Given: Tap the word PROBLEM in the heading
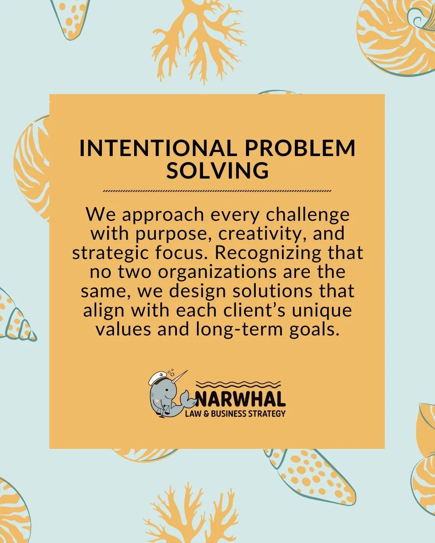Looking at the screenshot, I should pos(300,148).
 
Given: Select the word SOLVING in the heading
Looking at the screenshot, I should pos(217,170).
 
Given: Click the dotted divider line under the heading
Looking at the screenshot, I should pos(217,191).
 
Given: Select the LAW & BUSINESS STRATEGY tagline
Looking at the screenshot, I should pos(235,413).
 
